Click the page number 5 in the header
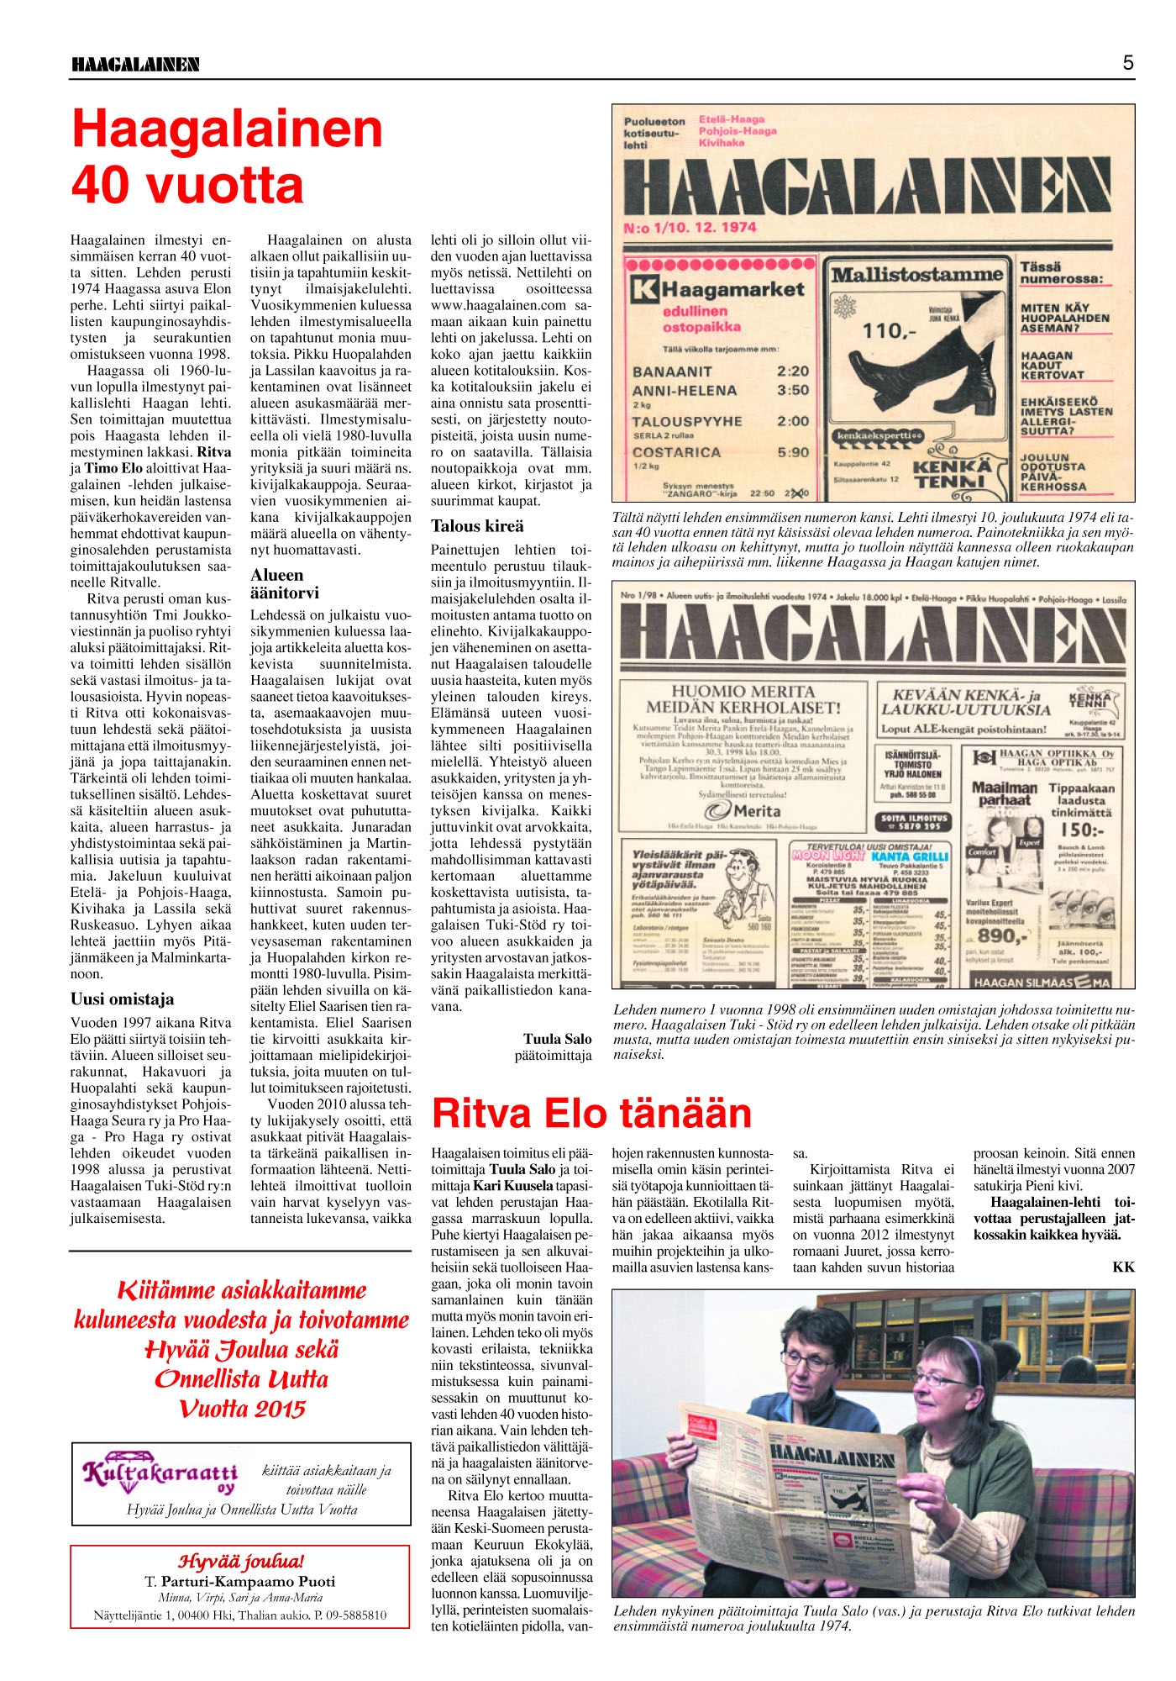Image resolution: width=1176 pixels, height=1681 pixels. tap(1127, 62)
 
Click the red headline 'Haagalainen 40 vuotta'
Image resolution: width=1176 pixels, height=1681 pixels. tap(227, 156)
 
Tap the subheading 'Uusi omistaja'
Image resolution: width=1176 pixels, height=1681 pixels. tap(123, 999)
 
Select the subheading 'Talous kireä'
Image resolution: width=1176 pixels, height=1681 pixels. tap(477, 526)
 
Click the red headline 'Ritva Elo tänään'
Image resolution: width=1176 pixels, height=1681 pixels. tap(592, 1113)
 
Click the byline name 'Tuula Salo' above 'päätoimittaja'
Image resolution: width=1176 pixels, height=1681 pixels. tap(557, 1039)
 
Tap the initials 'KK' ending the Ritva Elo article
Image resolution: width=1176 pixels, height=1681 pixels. tap(1123, 1267)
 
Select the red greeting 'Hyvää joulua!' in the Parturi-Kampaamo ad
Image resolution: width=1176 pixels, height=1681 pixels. tap(241, 1561)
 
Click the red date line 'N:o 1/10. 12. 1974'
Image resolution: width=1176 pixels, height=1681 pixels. tap(690, 227)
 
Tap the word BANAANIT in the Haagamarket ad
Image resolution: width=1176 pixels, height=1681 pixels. tap(672, 372)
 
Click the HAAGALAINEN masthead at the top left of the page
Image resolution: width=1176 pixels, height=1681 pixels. tap(135, 64)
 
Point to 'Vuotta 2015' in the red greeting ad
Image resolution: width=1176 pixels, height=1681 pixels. tap(242, 1410)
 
